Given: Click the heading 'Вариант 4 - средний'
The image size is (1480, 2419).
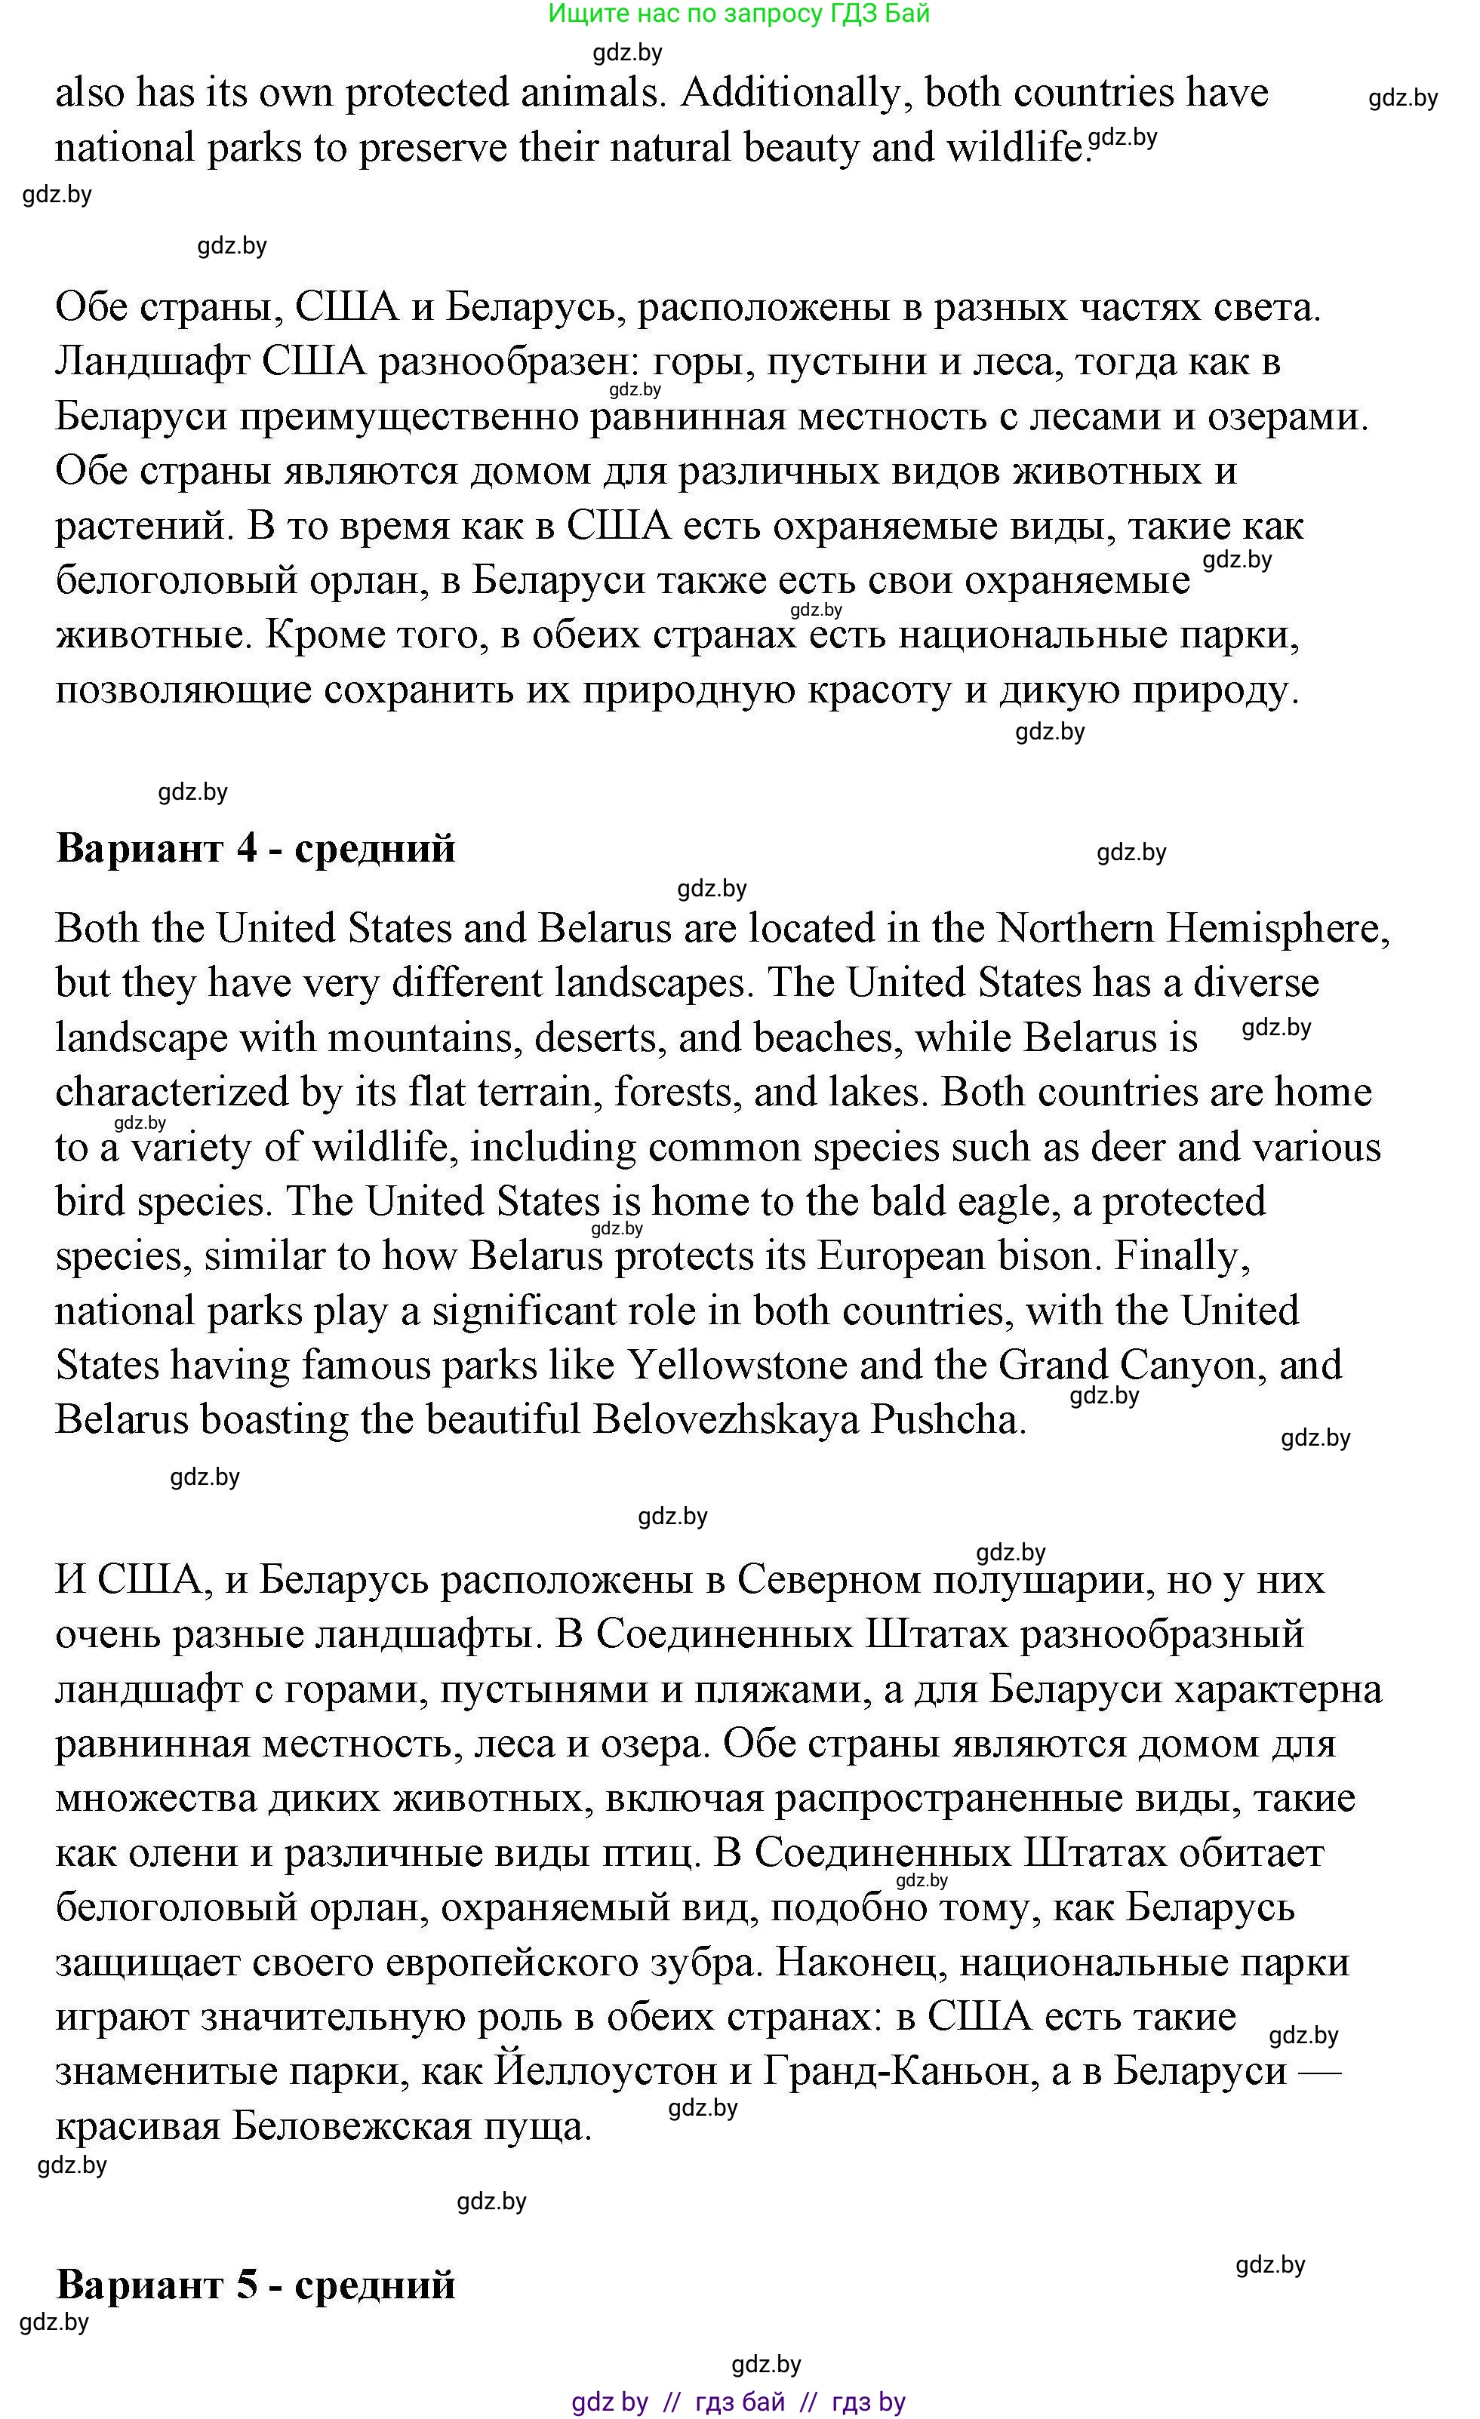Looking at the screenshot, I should click(255, 847).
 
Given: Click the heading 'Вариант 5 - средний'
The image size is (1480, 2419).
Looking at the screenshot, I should click(255, 2285).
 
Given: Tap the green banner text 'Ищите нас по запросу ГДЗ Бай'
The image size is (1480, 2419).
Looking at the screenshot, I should click(739, 14).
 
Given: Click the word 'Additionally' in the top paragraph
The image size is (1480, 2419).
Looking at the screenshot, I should click(795, 94).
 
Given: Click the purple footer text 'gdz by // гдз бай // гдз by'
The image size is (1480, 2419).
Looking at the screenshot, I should click(739, 2402).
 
